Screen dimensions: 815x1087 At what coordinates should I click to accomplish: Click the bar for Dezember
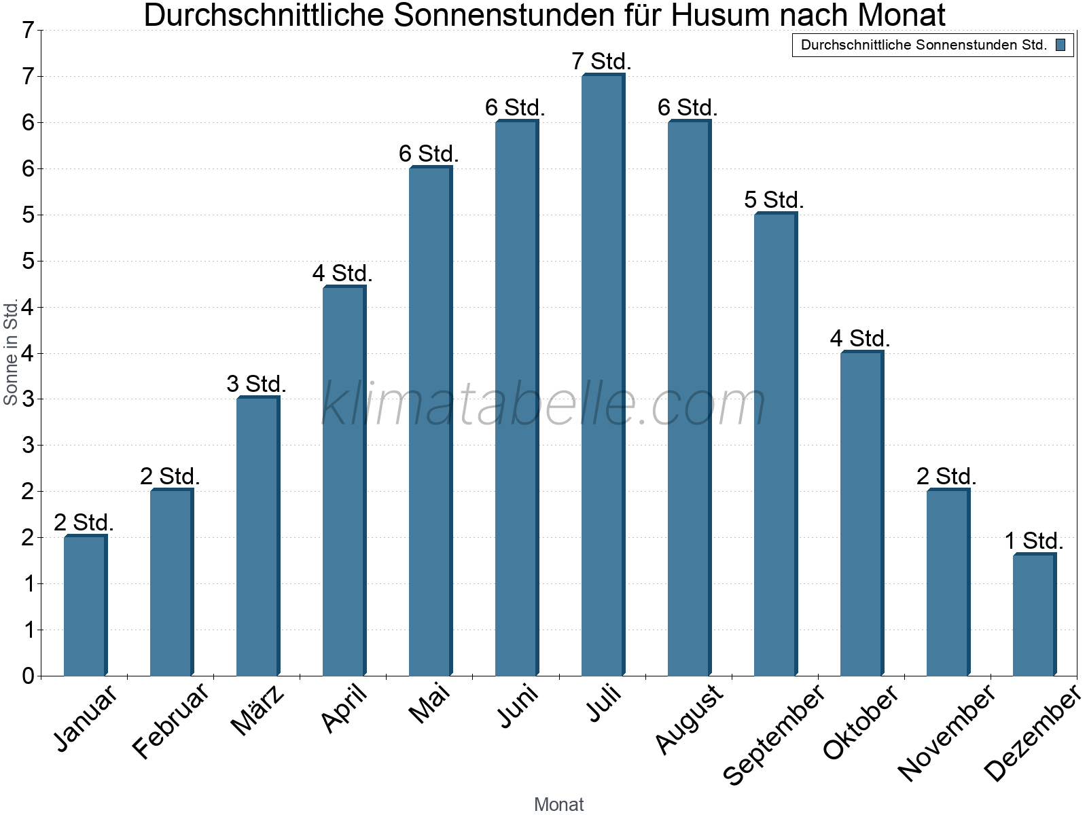click(x=1034, y=615)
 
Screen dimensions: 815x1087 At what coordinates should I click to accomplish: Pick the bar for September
click(x=775, y=444)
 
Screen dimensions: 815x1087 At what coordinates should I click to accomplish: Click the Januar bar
click(x=85, y=606)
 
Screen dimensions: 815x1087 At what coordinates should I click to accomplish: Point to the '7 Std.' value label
click(x=602, y=62)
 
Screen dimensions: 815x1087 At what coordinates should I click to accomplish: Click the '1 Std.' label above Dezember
click(x=1034, y=541)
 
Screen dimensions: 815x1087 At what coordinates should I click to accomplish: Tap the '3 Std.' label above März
click(x=257, y=384)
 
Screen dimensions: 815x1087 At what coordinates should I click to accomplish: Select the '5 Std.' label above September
click(x=774, y=200)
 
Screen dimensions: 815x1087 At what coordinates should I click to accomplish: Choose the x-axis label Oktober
click(x=861, y=722)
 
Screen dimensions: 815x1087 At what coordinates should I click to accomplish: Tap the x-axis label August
click(x=690, y=719)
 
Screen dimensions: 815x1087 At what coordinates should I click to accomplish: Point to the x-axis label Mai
click(x=429, y=704)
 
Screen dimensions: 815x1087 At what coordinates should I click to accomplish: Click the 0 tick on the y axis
click(x=28, y=676)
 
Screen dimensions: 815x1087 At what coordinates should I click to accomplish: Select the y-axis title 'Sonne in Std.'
click(x=11, y=353)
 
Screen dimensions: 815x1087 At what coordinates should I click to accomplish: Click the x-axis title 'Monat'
click(x=558, y=804)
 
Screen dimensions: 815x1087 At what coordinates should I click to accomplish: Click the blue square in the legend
click(x=1061, y=46)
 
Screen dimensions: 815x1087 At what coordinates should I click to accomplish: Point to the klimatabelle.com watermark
click(x=543, y=405)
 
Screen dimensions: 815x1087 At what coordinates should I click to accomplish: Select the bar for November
click(x=948, y=583)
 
